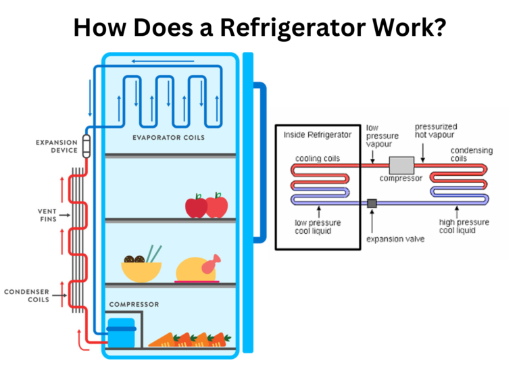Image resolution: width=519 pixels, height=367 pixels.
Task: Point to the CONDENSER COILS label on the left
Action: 26,295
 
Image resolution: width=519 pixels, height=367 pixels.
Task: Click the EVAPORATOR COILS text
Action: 168,138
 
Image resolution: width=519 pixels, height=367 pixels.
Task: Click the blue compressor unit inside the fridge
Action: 122,332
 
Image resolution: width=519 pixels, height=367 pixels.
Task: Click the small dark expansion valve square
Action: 372,203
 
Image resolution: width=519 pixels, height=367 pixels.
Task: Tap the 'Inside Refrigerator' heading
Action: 318,134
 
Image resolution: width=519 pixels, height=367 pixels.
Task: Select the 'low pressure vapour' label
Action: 382,135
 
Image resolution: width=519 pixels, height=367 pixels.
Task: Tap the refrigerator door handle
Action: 261,162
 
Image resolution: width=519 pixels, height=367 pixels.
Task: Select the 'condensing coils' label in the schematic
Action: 471,155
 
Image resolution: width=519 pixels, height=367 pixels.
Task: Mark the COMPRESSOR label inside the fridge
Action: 134,304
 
